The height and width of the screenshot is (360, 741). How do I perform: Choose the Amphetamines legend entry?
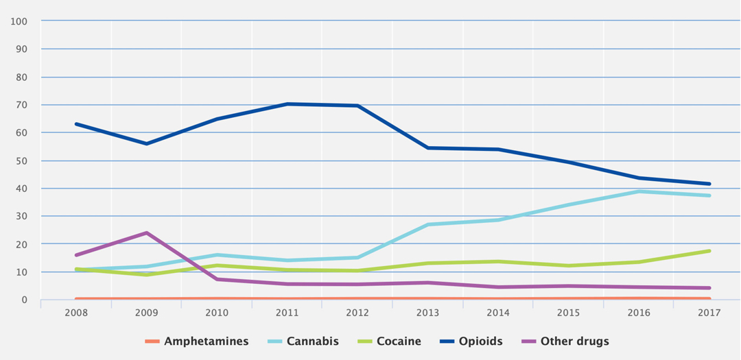coord(206,341)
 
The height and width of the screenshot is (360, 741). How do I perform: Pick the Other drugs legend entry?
coord(574,341)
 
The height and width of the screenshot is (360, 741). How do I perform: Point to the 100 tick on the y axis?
coord(19,21)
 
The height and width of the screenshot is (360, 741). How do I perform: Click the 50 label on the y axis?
coord(21,160)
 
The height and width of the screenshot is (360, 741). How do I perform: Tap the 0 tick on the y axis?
coord(24,300)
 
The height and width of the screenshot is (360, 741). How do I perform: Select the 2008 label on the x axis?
coord(75,312)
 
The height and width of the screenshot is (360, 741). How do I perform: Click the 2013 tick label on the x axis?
coord(427,312)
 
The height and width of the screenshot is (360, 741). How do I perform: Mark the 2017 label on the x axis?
coord(709,312)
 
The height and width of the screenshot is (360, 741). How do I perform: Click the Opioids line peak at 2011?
coord(287,104)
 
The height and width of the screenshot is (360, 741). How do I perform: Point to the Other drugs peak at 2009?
coord(146,233)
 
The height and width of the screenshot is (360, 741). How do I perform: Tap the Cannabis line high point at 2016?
coord(639,191)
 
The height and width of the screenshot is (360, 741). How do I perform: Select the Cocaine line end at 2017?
coord(709,251)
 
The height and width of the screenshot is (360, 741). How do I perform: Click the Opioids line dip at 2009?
coord(146,144)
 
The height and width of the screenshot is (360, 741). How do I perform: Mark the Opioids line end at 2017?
coord(709,184)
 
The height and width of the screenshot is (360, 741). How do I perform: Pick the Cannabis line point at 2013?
coord(427,225)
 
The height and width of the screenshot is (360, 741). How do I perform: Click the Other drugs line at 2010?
coord(216,279)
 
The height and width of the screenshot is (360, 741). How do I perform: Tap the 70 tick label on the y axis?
coord(21,105)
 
